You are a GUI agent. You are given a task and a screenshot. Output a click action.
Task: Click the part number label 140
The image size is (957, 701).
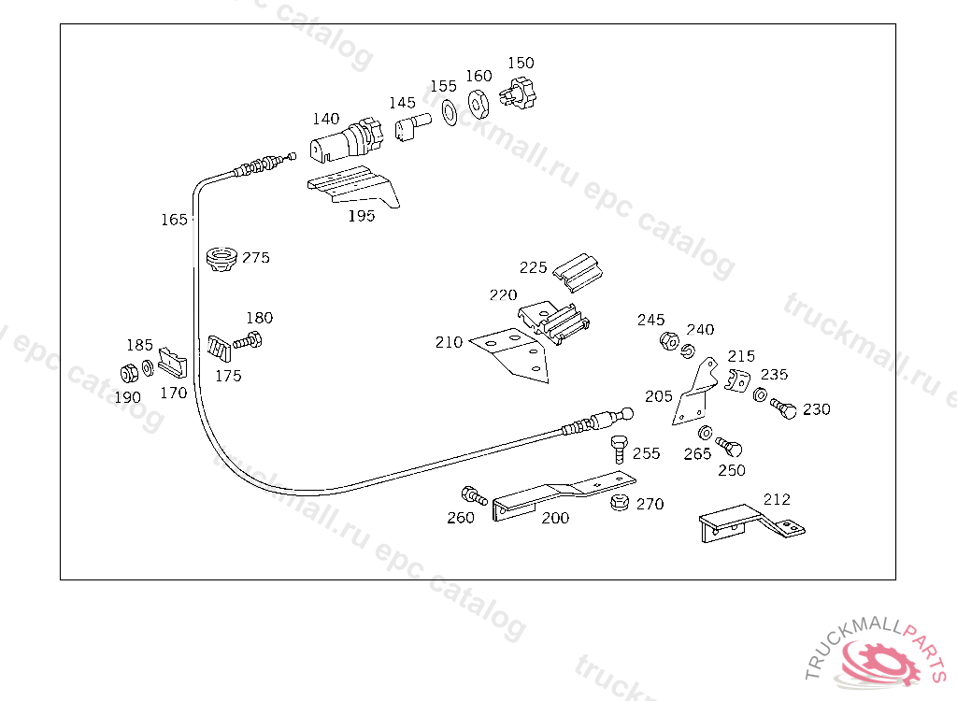pyautogui.click(x=326, y=119)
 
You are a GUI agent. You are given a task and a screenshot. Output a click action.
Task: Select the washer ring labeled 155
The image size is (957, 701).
pyautogui.click(x=450, y=112)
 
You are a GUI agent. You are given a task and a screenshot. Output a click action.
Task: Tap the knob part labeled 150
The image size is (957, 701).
pyautogui.click(x=518, y=94)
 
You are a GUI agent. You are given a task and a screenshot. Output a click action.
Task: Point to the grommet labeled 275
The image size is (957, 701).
pyautogui.click(x=221, y=260)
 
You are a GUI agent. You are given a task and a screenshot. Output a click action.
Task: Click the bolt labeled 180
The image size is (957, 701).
pyautogui.click(x=248, y=340)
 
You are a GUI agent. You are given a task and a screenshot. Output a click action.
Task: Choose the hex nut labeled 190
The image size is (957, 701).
pyautogui.click(x=129, y=373)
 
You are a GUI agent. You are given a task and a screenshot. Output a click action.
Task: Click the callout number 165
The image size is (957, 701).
pyautogui.click(x=174, y=220)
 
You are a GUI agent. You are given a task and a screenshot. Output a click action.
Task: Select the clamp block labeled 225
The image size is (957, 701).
pyautogui.click(x=578, y=271)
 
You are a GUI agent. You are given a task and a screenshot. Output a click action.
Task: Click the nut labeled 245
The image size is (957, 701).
pyautogui.click(x=669, y=341)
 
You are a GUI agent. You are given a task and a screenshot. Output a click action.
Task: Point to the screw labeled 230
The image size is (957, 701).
pyautogui.click(x=784, y=408)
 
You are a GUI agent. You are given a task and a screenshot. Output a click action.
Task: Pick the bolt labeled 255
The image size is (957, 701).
pyautogui.click(x=620, y=450)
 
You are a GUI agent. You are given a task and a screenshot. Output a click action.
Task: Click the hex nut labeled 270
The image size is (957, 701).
pyautogui.click(x=620, y=502)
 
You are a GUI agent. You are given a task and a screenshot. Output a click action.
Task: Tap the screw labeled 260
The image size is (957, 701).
pyautogui.click(x=474, y=495)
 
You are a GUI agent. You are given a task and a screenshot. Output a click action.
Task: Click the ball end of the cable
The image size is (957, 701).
pyautogui.click(x=626, y=414)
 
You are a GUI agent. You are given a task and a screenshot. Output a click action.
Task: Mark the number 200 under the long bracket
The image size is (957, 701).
pyautogui.click(x=555, y=518)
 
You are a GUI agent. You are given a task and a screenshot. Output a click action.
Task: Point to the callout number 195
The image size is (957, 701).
pyautogui.click(x=362, y=216)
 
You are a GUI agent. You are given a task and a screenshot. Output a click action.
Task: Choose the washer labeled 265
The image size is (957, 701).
pyautogui.click(x=705, y=433)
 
